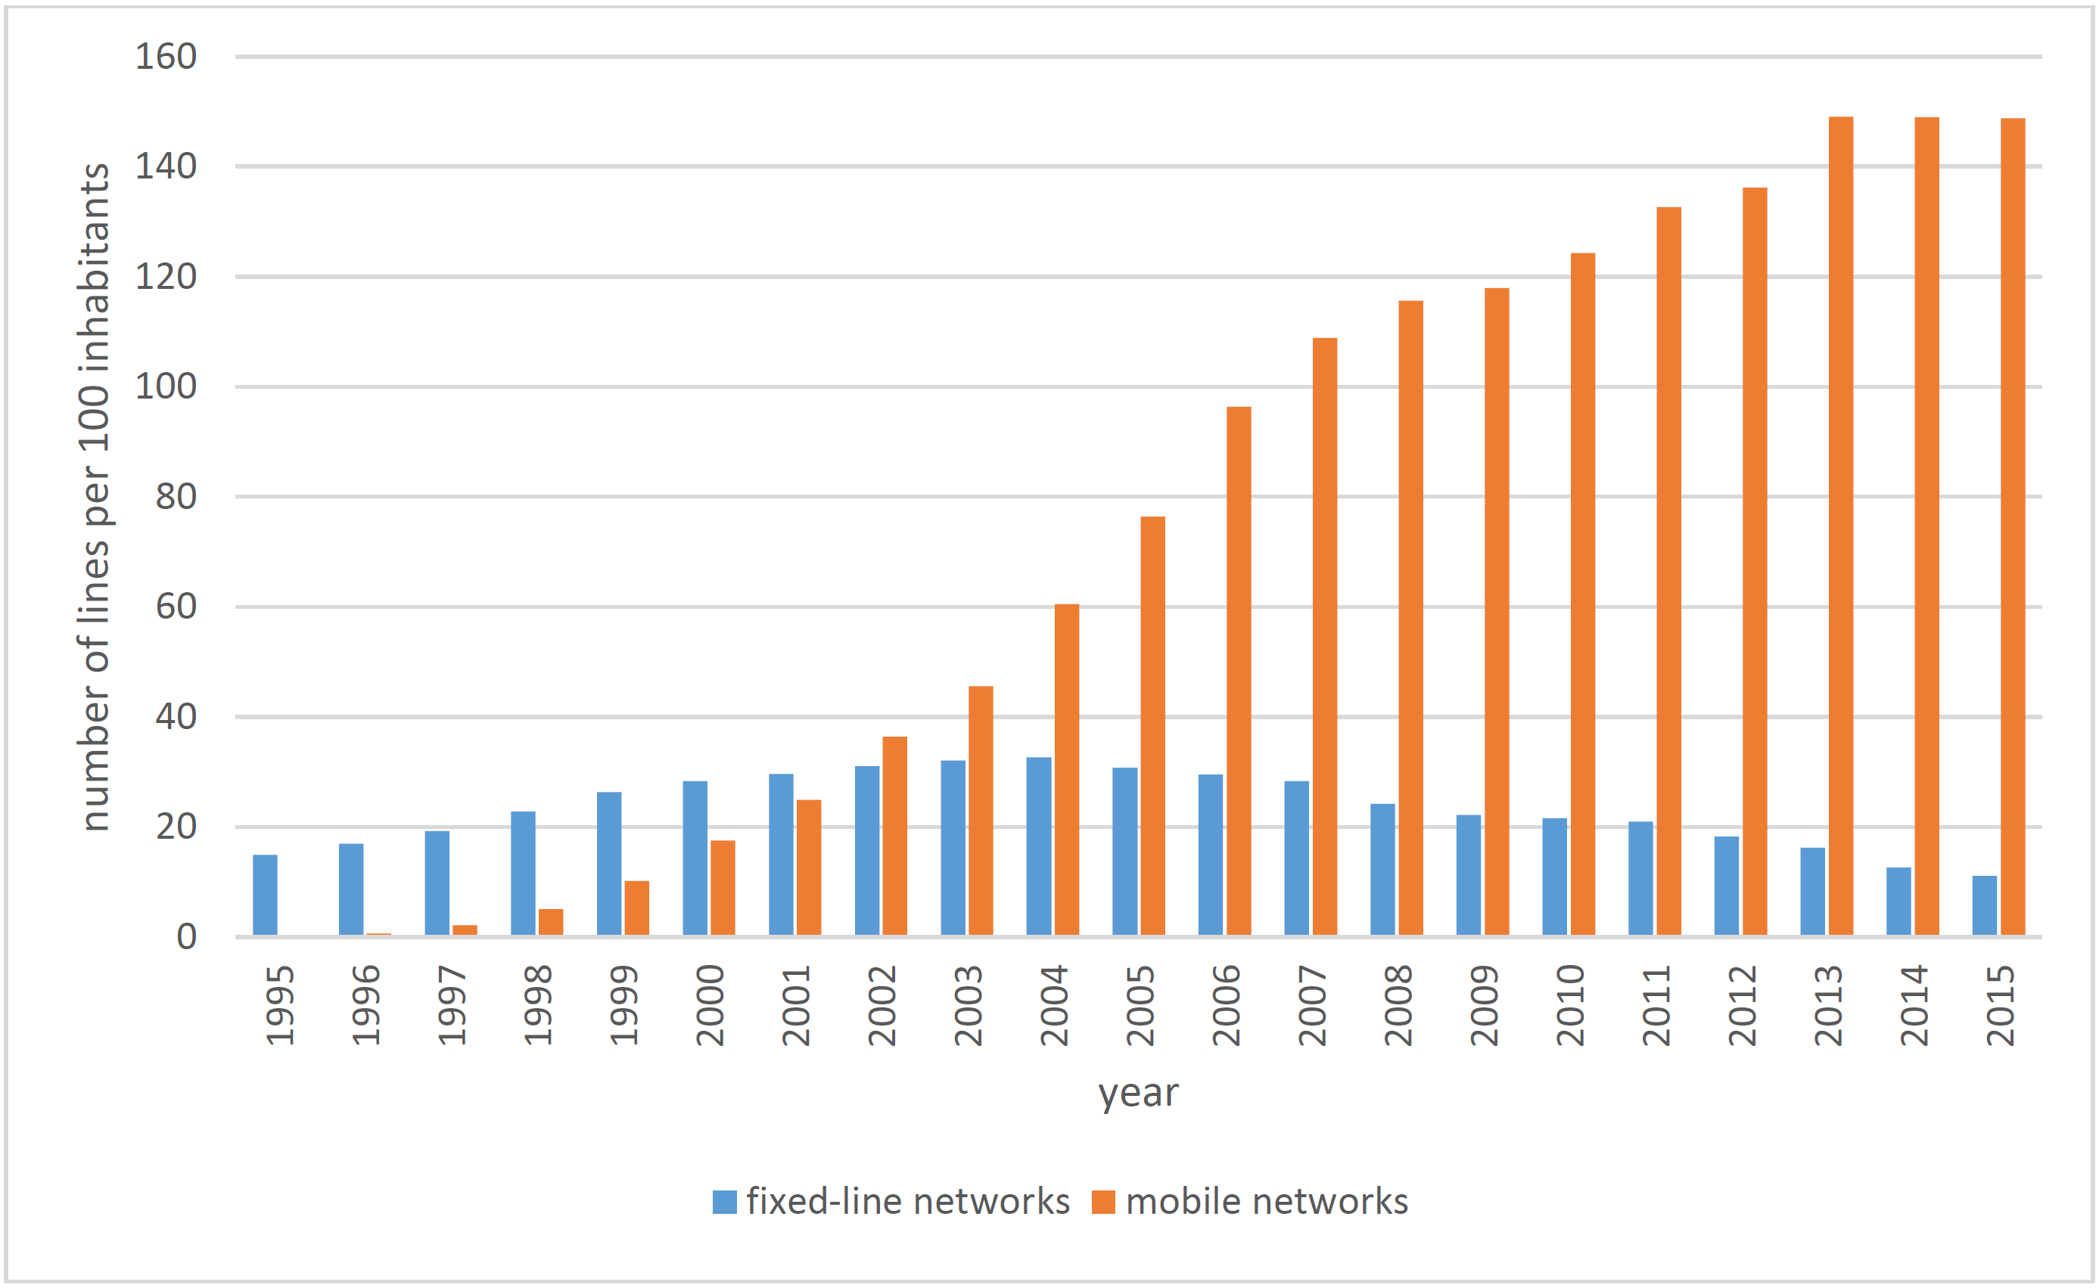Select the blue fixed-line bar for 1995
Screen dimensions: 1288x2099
(265, 895)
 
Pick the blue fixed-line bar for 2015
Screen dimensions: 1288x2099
(1984, 905)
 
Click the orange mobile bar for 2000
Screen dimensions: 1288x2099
(723, 888)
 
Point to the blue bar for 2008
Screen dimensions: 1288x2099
(1382, 869)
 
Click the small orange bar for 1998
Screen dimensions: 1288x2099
(551, 922)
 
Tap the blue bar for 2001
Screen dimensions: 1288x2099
(781, 855)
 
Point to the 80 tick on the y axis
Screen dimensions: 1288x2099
(176, 497)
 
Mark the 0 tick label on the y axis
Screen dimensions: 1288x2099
(186, 937)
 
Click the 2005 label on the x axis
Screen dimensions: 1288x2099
(1140, 1005)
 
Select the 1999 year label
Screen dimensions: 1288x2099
(623, 1005)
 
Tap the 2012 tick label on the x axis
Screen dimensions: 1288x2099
(1742, 1005)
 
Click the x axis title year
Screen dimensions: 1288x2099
(1138, 1093)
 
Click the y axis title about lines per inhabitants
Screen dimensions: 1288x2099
(94, 497)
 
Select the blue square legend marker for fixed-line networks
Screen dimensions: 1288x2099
(724, 1202)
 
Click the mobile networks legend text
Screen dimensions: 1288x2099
(1267, 1202)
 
